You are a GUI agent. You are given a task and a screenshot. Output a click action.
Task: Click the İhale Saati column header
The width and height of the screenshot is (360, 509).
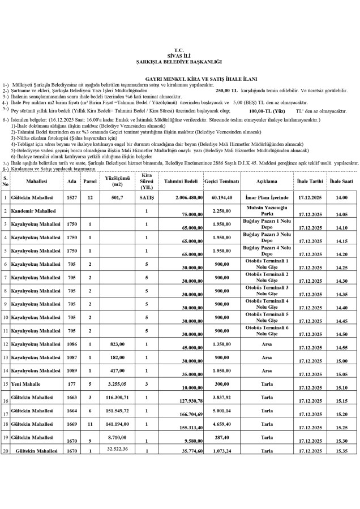341,182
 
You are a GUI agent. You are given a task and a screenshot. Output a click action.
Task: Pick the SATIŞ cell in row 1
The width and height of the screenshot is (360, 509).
147,198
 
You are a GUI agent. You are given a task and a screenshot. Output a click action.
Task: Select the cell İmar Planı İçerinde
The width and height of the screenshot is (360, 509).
266,198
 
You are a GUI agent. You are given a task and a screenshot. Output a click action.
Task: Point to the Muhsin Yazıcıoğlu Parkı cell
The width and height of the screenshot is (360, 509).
266,211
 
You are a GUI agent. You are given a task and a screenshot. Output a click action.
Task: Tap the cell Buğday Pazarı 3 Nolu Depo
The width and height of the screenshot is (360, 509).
266,237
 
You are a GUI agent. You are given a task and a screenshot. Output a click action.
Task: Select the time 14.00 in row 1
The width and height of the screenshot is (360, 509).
341,198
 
